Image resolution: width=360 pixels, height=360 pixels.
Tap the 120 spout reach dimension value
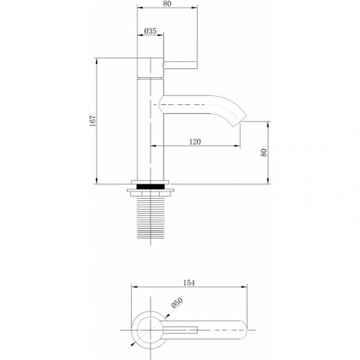[195, 142]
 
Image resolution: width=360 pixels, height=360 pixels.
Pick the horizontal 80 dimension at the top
[167, 4]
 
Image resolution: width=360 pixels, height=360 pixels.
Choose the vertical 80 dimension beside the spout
[264, 153]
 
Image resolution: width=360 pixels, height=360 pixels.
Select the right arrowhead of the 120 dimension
[237, 147]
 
